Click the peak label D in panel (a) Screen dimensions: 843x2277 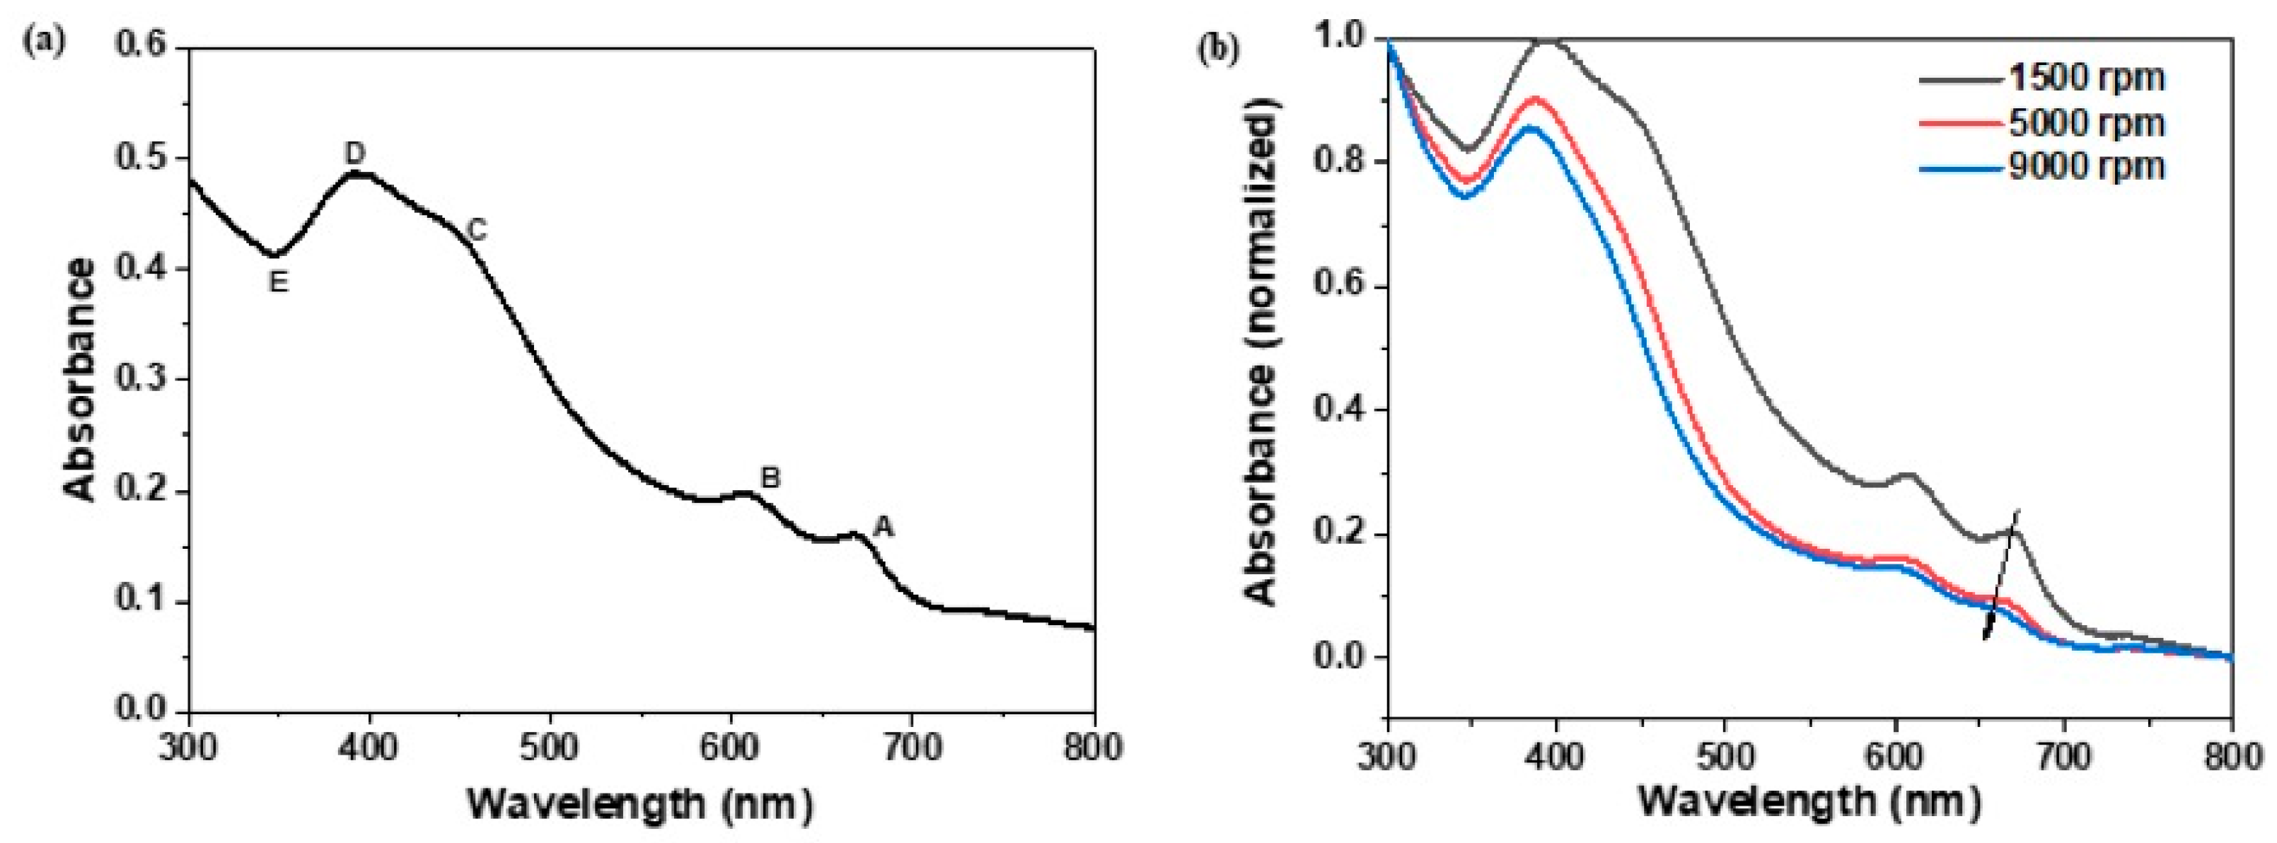(354, 153)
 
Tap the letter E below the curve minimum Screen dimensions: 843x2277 (279, 282)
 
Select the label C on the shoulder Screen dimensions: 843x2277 (477, 231)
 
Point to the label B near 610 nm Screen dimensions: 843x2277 (771, 478)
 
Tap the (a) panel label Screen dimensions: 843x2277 (43, 43)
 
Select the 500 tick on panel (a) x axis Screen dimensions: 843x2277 (550, 748)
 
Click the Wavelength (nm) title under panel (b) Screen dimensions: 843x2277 (1809, 801)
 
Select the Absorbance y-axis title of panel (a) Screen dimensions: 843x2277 (81, 380)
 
